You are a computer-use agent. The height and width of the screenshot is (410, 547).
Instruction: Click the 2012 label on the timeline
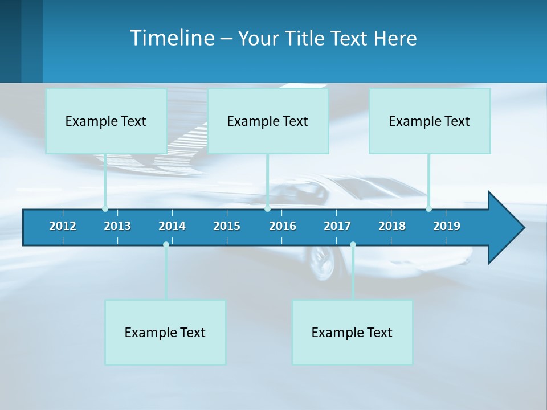coord(63,226)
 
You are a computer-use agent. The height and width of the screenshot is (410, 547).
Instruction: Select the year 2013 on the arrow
coord(117,226)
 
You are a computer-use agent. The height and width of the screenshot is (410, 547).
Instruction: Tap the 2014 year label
coord(172,226)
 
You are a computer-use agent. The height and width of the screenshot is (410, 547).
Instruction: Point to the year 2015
coord(227,226)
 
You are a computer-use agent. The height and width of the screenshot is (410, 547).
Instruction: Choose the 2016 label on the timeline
coord(283,226)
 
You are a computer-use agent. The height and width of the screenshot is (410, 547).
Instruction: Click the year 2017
coord(337,226)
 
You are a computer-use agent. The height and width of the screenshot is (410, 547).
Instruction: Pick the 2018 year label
coord(392,226)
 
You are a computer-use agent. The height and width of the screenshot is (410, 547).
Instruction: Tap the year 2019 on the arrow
coord(447,226)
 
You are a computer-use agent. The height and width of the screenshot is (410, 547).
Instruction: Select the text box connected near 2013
coord(106,121)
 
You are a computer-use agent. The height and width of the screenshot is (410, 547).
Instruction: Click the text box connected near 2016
coord(268,121)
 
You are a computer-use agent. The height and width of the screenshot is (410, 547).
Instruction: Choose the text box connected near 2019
coord(430,121)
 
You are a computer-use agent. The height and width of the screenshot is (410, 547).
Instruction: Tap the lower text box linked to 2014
coord(165,332)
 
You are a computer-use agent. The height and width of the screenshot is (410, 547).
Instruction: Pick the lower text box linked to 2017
coord(352,332)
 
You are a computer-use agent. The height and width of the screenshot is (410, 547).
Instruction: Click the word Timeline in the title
coord(172,38)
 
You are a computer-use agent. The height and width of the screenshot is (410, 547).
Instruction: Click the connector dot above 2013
coord(105,209)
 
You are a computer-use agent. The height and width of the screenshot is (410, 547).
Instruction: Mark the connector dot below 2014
coord(166,244)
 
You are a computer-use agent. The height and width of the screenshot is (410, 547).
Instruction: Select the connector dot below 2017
coord(353,244)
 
